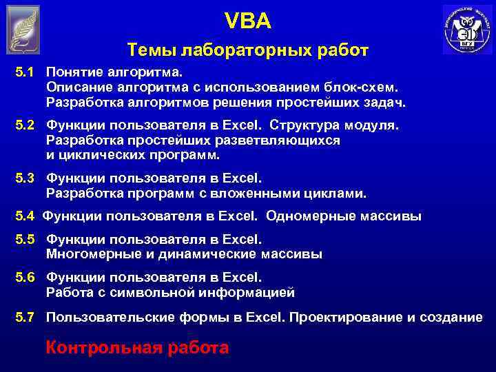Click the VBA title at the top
point(248,23)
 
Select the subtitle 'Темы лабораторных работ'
point(248,50)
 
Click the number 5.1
point(25,72)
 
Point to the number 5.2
point(25,126)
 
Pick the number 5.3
point(25,178)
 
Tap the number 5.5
point(25,240)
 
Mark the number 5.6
point(25,278)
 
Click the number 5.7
point(25,317)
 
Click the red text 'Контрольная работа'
point(137,347)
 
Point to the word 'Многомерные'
point(90,254)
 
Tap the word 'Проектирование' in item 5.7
point(345,317)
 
